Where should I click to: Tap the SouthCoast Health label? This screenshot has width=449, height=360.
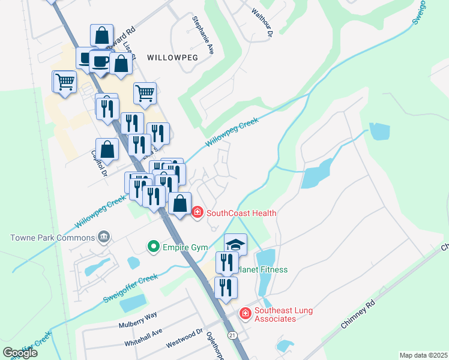point(241,213)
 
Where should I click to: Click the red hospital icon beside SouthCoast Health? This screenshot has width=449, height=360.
point(197,212)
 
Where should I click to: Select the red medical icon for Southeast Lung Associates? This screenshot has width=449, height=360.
point(245,313)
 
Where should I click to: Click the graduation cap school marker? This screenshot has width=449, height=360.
point(235,244)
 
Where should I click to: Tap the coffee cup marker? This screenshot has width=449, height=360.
point(100,61)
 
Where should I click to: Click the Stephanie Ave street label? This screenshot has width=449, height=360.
point(203,35)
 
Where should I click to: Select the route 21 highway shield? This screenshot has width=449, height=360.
point(233,334)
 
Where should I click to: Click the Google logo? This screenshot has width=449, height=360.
point(20,353)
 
